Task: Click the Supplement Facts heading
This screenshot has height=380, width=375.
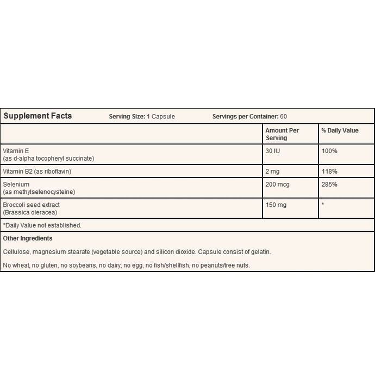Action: pyautogui.click(x=37, y=116)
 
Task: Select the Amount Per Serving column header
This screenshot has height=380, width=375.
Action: pyautogui.click(x=282, y=134)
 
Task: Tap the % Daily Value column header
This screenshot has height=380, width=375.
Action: pyautogui.click(x=340, y=131)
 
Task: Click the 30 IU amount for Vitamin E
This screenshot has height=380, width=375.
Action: pyautogui.click(x=273, y=150)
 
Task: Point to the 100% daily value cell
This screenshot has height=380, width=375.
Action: pyautogui.click(x=329, y=150)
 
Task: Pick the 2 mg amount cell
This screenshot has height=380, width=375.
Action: pyautogui.click(x=273, y=171)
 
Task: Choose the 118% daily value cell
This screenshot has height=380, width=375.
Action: pyautogui.click(x=329, y=171)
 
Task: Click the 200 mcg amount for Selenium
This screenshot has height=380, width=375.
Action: pyautogui.click(x=277, y=185)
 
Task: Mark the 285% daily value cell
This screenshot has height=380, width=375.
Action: pyautogui.click(x=329, y=185)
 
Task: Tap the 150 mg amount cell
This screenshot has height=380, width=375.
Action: pyautogui.click(x=276, y=205)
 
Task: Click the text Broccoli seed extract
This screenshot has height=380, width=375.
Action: pyautogui.click(x=31, y=205)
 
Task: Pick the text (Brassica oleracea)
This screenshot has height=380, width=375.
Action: pyautogui.click(x=30, y=212)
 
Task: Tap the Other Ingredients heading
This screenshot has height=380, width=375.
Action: pyautogui.click(x=28, y=238)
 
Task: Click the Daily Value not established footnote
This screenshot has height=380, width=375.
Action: pyautogui.click(x=42, y=225)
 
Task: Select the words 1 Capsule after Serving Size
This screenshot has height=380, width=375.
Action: pyautogui.click(x=161, y=117)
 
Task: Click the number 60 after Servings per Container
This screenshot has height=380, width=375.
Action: pyautogui.click(x=283, y=117)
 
